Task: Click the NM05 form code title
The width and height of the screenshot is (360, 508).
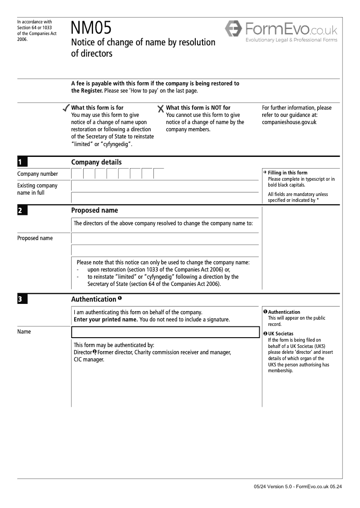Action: (91, 28)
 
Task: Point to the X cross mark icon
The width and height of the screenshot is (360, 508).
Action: (161, 108)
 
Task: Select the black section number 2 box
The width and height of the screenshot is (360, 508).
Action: (22, 210)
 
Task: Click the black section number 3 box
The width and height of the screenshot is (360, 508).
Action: (22, 299)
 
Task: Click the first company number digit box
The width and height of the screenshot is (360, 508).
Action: (77, 174)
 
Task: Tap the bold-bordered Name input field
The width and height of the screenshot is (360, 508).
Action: (165, 332)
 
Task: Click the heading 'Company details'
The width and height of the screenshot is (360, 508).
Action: (96, 162)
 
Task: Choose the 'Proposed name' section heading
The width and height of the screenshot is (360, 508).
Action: (94, 210)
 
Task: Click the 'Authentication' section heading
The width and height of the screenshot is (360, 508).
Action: (94, 299)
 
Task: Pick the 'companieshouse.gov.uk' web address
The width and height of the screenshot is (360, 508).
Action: (289, 122)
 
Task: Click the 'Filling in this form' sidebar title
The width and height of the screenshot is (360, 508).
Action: (288, 173)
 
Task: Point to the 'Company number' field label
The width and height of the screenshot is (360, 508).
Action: (37, 174)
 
